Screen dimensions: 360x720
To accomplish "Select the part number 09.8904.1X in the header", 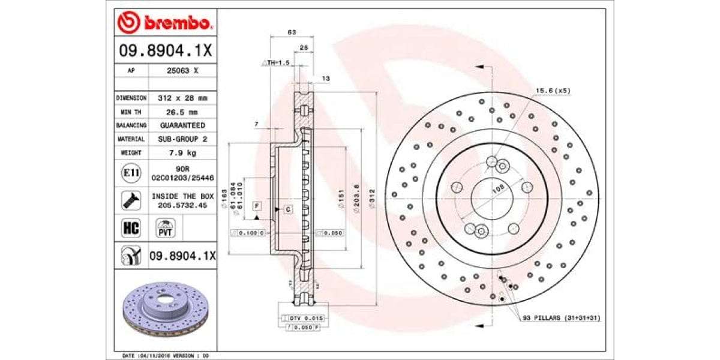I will [x=165, y=52].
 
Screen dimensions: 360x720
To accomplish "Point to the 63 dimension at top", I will [x=292, y=32].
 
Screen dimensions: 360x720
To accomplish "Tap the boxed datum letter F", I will [x=256, y=206].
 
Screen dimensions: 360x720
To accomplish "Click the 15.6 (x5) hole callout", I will [x=553, y=91].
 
